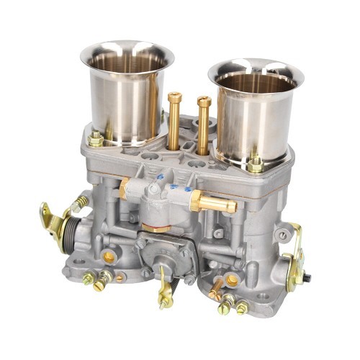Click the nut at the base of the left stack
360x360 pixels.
point(96,139)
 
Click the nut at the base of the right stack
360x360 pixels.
point(256,164)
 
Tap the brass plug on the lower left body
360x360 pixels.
point(109,256)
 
